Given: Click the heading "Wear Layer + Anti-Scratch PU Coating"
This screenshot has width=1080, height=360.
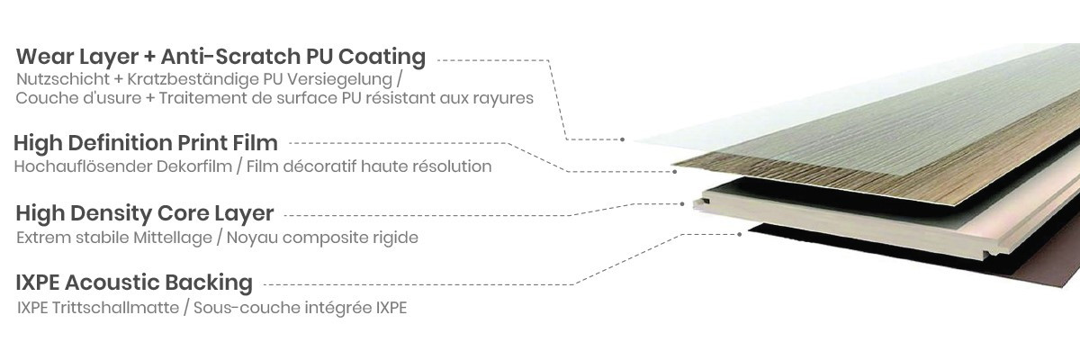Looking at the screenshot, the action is pos(220,57).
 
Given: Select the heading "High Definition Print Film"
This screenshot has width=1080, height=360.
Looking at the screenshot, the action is pos(146,143).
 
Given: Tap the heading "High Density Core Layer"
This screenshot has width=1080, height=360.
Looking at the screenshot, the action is pos(145,213).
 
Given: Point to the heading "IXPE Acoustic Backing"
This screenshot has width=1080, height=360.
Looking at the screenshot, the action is pos(134,283).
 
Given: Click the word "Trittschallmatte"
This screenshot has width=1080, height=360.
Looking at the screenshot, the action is pos(116,308).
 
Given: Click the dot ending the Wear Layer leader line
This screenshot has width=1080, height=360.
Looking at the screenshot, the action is pos(623,139).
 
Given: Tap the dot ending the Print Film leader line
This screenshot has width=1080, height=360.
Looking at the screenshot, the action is pos(674,172).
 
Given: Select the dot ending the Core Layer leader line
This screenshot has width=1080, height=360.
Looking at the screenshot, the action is pos(682,204).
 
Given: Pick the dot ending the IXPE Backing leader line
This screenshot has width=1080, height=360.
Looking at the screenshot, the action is pos(740,235).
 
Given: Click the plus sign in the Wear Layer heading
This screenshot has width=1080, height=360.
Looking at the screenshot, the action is pos(149,58).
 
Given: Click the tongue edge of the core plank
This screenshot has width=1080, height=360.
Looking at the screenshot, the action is pos(698,203).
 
